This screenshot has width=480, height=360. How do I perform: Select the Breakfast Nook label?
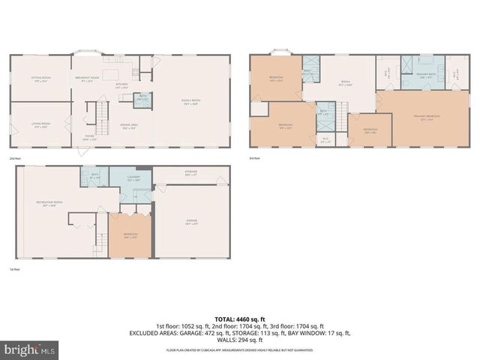pyautogui.click(x=88, y=78)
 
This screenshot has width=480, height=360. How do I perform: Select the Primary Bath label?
pyautogui.click(x=422, y=76)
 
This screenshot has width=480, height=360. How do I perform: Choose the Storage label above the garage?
pyautogui.click(x=191, y=173)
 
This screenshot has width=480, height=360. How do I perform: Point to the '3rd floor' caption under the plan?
pyautogui.click(x=255, y=158)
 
